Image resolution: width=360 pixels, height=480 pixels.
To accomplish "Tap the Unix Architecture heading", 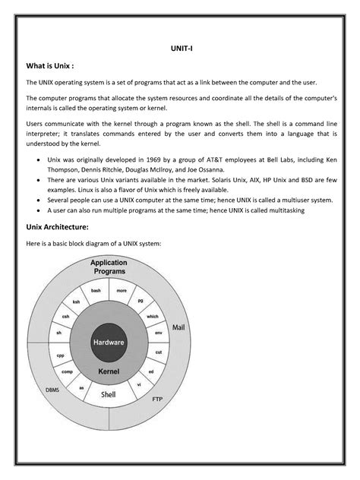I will tap(57, 226).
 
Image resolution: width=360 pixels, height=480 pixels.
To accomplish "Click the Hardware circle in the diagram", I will tap(109, 343).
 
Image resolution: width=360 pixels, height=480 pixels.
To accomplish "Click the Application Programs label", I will tap(109, 267).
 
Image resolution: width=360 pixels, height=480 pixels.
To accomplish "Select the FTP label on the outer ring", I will tap(157, 399).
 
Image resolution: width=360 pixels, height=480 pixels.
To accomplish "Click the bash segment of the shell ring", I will tap(96, 291).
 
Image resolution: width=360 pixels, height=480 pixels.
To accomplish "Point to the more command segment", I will tap(122, 291).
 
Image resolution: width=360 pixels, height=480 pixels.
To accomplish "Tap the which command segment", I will tap(152, 316).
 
